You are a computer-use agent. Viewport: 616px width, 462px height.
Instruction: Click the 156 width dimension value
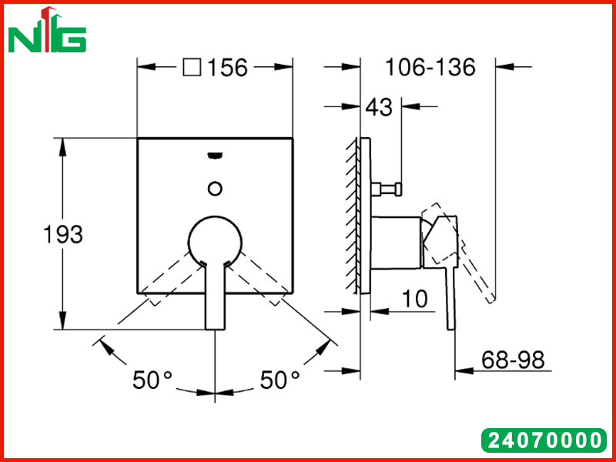(227, 67)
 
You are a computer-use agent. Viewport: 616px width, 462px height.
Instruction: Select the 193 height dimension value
(63, 235)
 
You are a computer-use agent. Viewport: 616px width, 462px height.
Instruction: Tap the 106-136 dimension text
(430, 67)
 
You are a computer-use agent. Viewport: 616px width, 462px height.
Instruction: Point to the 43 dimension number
(379, 107)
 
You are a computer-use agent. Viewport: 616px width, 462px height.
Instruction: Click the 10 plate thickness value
(414, 299)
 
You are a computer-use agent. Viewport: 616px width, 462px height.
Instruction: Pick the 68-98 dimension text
(513, 360)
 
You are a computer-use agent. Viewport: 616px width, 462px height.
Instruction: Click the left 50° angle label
(152, 380)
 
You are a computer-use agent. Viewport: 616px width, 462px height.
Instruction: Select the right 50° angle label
(280, 380)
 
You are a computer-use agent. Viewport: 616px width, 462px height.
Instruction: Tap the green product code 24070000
(544, 440)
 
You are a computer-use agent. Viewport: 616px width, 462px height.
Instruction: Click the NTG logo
(47, 30)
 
